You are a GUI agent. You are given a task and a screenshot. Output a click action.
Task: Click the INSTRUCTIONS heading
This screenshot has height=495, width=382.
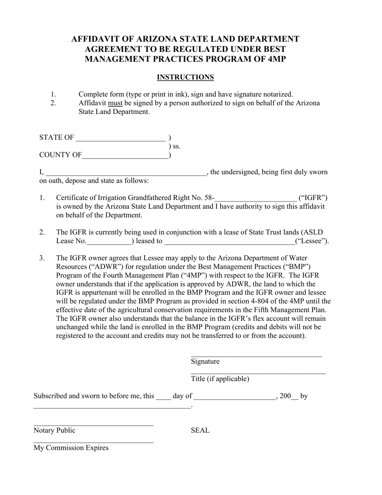[x=185, y=77]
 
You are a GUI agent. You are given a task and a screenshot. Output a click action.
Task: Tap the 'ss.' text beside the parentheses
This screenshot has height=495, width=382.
[x=176, y=146]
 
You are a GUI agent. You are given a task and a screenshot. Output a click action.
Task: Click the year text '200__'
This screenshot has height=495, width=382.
[x=289, y=396]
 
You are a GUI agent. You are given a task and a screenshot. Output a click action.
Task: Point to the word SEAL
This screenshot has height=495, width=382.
[x=200, y=431]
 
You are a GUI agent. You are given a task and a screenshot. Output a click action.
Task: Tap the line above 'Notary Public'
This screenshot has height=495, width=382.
[x=93, y=425]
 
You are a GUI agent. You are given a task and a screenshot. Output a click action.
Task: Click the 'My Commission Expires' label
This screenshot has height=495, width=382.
[x=71, y=448]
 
